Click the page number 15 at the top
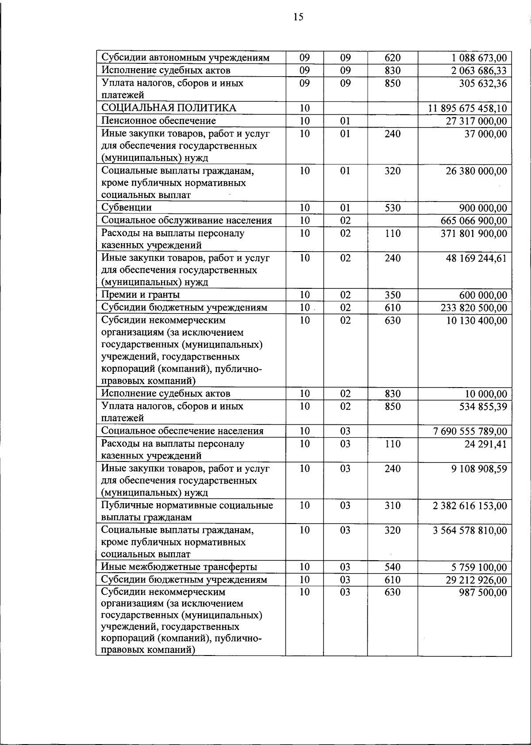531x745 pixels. click(298, 17)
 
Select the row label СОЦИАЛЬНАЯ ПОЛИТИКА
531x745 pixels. click(169, 108)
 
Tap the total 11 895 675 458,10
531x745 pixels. click(468, 109)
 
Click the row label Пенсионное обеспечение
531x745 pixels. click(158, 121)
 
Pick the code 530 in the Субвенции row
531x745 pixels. click(392, 208)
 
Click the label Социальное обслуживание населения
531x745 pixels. click(186, 221)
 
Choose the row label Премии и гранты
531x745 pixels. click(140, 295)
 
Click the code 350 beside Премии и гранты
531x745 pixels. click(392, 295)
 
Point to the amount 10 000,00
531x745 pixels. click(486, 394)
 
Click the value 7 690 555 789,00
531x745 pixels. click(470, 431)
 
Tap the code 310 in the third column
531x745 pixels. click(392, 505)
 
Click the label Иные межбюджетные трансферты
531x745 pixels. click(179, 567)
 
